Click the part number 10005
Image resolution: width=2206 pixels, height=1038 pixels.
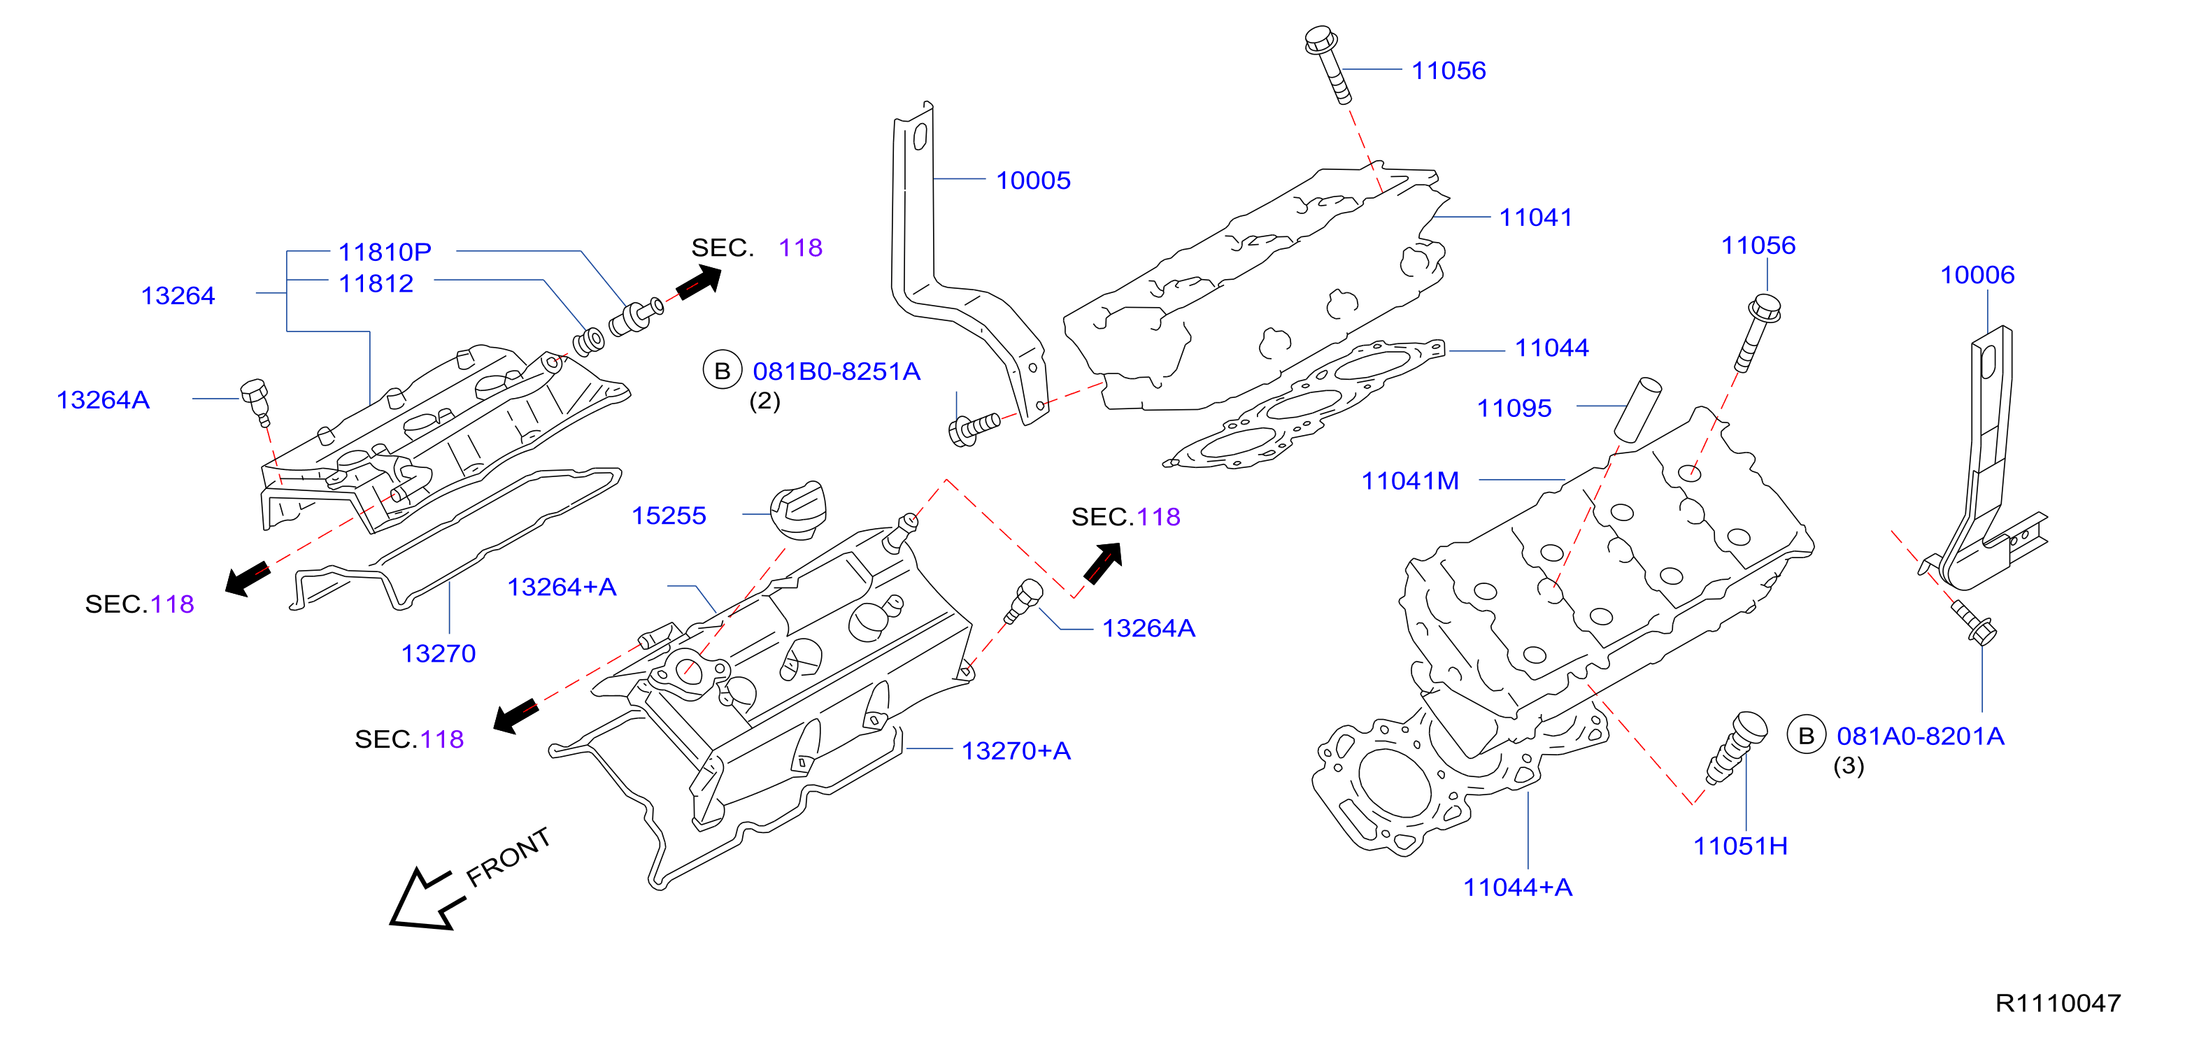click(x=1033, y=180)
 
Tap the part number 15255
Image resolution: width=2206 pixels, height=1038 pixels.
click(x=669, y=516)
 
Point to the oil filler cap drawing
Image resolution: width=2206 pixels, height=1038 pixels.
click(x=798, y=511)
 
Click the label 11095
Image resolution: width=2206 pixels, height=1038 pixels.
click(x=1514, y=408)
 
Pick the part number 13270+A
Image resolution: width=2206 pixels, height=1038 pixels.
click(x=1016, y=751)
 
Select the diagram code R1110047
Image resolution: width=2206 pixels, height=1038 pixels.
click(x=2058, y=1003)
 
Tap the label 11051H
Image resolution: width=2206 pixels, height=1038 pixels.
click(x=1740, y=846)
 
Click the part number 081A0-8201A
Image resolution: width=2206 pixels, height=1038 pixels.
click(x=1920, y=737)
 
